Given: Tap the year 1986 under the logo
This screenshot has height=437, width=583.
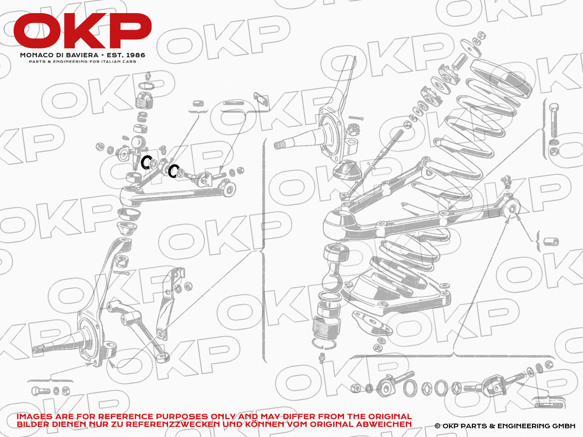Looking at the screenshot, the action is point(135,55).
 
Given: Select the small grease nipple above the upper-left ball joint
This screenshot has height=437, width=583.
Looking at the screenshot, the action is point(149,76).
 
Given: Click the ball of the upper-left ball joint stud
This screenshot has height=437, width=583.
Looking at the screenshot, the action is point(138,143).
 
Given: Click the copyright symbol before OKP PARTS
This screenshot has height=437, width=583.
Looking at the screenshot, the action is point(437,426).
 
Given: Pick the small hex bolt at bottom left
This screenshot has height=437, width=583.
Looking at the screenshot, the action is point(40,391).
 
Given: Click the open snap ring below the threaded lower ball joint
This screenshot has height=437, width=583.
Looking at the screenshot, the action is point(323,345).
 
